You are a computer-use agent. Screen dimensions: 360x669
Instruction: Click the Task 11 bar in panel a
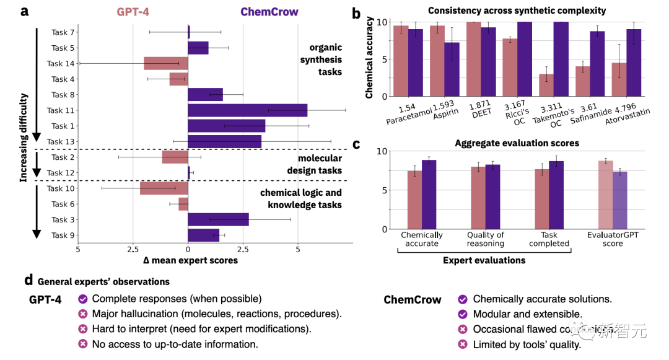[x=247, y=110]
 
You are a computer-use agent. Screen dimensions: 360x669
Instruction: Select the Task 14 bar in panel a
[x=165, y=63]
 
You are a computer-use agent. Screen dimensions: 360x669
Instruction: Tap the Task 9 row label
[x=63, y=235]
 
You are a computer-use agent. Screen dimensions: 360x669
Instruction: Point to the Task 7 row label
[x=63, y=32]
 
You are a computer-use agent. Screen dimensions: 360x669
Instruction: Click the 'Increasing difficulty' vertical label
[x=24, y=137]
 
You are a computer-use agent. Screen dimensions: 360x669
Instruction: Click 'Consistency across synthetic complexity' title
[x=517, y=11]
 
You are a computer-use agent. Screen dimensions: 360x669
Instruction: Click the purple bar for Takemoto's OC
[x=561, y=59]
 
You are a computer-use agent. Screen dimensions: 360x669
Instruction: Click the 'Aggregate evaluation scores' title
[x=517, y=143]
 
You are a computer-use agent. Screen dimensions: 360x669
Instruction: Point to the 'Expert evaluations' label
[x=484, y=260]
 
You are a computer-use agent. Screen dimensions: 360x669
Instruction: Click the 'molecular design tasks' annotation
[x=315, y=164]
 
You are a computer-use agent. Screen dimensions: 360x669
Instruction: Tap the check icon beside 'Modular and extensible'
[x=461, y=314]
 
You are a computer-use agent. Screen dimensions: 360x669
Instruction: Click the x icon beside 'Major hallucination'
[x=82, y=314]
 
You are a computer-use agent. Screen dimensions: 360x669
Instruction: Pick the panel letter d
[x=28, y=281]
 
